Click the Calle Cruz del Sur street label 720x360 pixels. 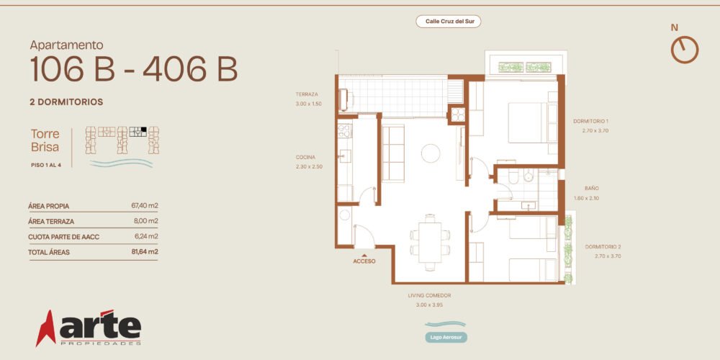(448, 21)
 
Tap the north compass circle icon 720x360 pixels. (685, 50)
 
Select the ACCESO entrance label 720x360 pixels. (364, 261)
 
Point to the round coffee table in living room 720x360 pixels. (431, 153)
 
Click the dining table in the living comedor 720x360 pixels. (430, 243)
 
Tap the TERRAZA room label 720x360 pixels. (307, 94)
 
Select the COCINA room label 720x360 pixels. (305, 158)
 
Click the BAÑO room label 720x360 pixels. (592, 188)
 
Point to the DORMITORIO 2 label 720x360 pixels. (603, 246)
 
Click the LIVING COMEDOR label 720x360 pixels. (429, 296)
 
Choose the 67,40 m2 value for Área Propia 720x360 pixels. (145, 206)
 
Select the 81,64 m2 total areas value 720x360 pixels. (145, 251)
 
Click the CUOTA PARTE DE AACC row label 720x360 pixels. (64, 237)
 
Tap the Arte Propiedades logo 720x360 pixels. (89, 328)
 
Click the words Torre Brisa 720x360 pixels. (45, 140)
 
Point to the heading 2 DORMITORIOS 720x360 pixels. (66, 102)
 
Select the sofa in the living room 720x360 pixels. (393, 153)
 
